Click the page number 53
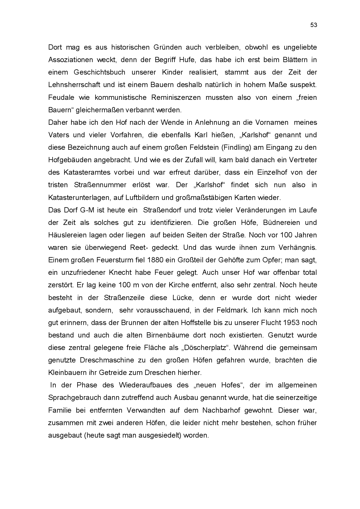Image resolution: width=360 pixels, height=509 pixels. pyautogui.click(x=314, y=25)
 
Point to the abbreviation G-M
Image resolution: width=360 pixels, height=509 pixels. pyautogui.click(x=87, y=210)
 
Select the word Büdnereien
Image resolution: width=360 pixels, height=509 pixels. pyautogui.click(x=281, y=223)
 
